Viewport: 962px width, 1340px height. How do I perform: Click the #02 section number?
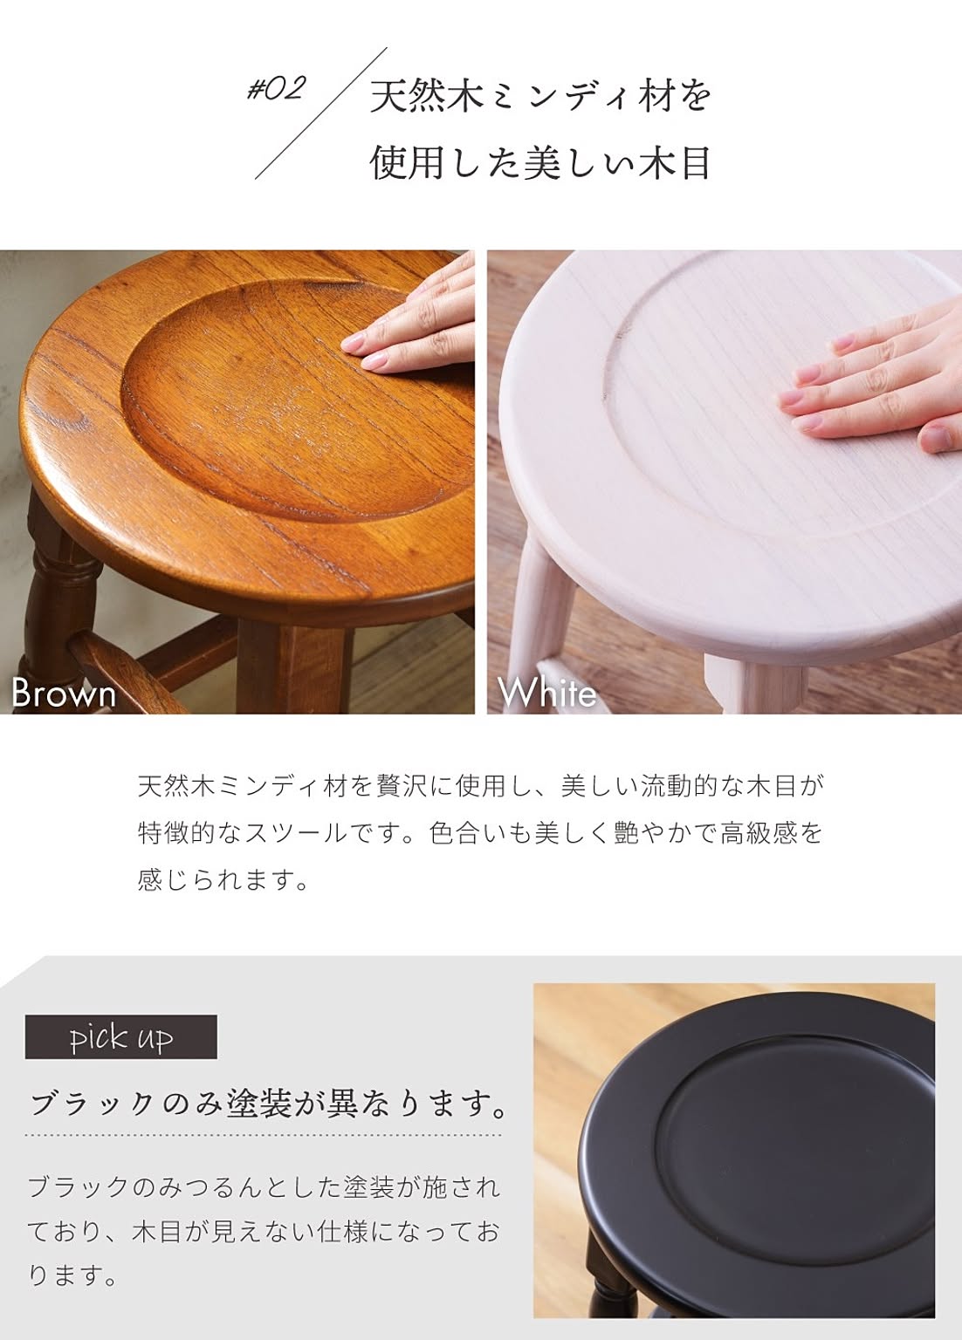click(x=276, y=90)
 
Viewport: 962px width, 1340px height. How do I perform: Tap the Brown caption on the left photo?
click(x=64, y=694)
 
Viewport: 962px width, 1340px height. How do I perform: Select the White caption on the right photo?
click(x=546, y=694)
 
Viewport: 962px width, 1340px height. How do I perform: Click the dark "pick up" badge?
click(x=121, y=1036)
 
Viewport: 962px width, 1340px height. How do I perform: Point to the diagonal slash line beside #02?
click(x=321, y=113)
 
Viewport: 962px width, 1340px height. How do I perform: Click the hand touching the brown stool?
click(x=413, y=323)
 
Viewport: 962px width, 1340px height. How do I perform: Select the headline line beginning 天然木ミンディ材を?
click(x=540, y=96)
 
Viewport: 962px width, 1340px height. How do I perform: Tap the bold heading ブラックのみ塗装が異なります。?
click(x=268, y=1103)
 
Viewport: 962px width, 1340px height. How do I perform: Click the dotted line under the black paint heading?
click(x=264, y=1134)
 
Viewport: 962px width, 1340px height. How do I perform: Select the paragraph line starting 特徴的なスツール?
click(x=480, y=833)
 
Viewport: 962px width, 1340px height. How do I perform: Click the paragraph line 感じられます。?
click(x=223, y=879)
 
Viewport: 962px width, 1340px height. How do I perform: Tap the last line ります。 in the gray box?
click(x=72, y=1275)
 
